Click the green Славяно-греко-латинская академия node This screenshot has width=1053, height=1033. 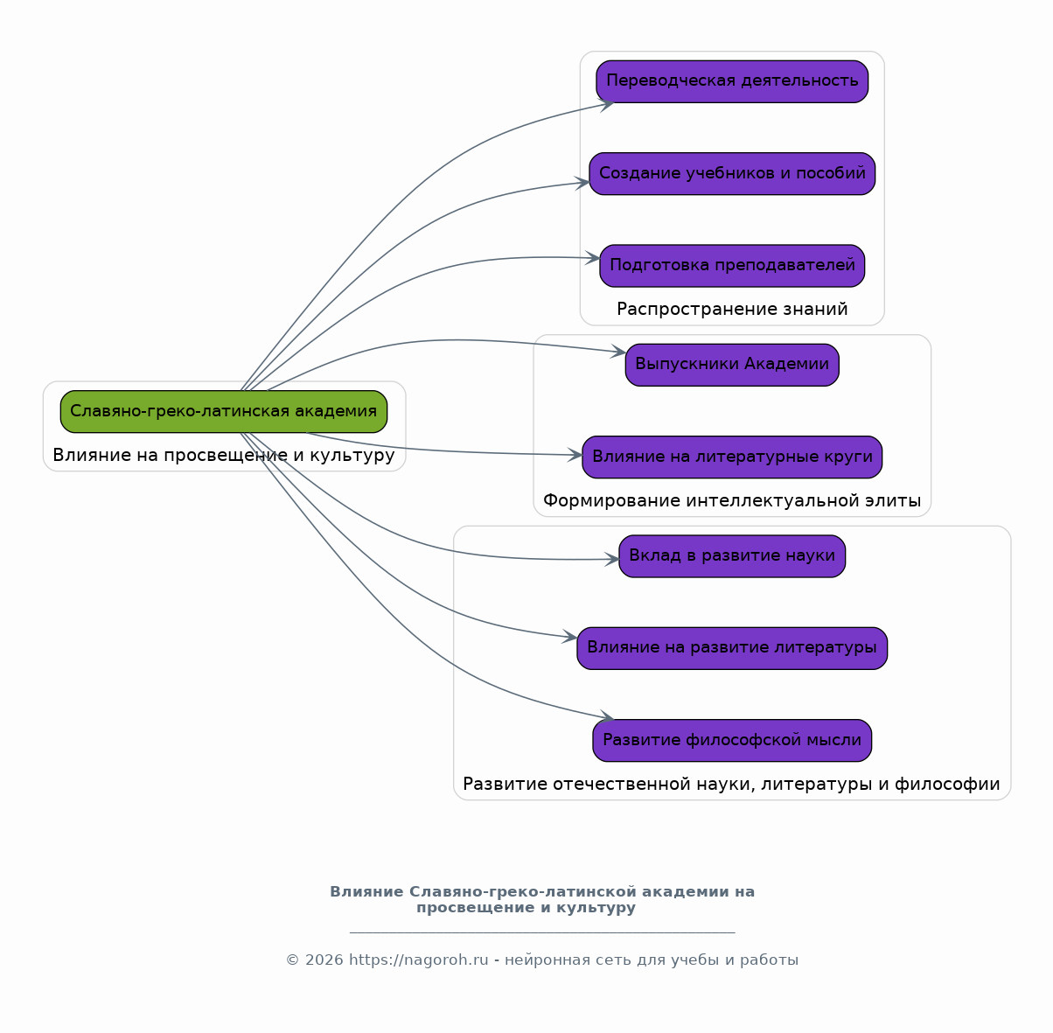[x=224, y=412]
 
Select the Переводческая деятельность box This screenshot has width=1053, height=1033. [x=732, y=81]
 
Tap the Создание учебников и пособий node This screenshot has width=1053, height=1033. [x=732, y=173]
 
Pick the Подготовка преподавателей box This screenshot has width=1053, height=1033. [x=732, y=266]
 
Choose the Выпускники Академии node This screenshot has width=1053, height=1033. [x=732, y=365]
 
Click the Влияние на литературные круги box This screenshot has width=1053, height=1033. [x=732, y=457]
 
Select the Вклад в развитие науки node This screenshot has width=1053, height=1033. [x=732, y=555]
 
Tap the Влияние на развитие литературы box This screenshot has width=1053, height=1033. [x=732, y=648]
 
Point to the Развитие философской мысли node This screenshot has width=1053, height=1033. [x=732, y=741]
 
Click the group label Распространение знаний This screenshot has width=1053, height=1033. [x=732, y=310]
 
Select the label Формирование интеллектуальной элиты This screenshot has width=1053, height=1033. [x=732, y=500]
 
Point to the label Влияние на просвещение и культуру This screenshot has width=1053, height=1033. [x=224, y=456]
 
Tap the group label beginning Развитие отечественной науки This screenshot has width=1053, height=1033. [x=731, y=785]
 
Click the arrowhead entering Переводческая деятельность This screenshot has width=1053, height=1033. [x=607, y=104]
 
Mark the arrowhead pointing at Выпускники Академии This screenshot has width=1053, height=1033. [x=618, y=352]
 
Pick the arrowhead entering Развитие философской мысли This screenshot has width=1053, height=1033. [x=607, y=716]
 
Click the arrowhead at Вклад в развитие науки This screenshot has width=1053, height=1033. [x=611, y=559]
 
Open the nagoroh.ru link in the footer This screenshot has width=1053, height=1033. [x=419, y=960]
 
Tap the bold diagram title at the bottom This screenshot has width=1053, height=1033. [x=542, y=899]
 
